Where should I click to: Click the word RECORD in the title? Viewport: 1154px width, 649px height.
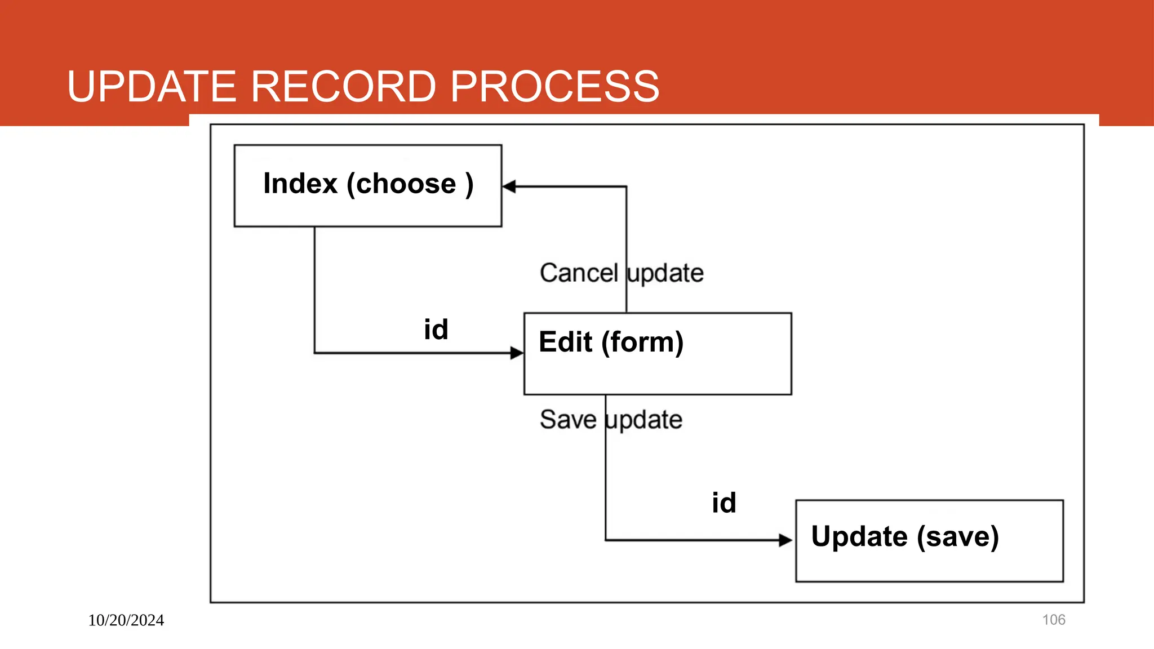[x=343, y=87]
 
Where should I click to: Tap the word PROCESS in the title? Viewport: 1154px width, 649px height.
[x=554, y=87]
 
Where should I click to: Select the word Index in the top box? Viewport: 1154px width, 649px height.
[x=300, y=184]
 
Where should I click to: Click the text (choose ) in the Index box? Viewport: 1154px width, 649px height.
[x=410, y=185]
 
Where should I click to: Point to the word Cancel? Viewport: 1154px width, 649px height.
[x=579, y=273]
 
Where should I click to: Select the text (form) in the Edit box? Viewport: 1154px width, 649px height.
[x=642, y=343]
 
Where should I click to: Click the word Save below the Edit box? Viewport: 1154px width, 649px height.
[x=568, y=420]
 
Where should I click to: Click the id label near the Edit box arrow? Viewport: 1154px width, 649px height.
[x=436, y=330]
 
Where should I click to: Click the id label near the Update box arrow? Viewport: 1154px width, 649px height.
[x=724, y=503]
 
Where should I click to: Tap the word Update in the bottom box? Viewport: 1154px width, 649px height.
[x=859, y=536]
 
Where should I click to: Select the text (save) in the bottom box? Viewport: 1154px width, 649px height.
[x=958, y=537]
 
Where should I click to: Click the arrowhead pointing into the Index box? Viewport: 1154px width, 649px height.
[x=509, y=186]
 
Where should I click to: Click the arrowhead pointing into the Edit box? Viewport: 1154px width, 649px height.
[x=516, y=353]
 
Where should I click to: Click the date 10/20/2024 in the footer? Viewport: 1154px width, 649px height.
[x=126, y=620]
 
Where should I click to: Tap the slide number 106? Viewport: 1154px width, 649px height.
[x=1054, y=620]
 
